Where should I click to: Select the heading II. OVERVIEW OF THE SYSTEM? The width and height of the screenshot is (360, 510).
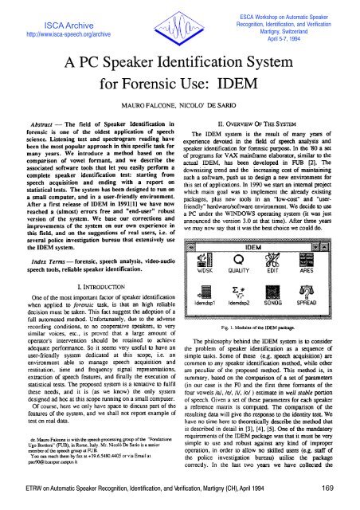point(267,147)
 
